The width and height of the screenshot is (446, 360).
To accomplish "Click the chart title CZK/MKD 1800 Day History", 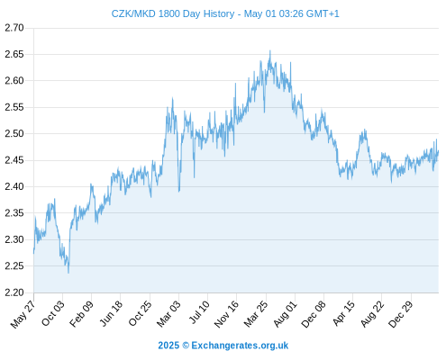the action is pos(173,13).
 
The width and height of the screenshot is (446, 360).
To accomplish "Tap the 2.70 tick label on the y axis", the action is pos(14,28).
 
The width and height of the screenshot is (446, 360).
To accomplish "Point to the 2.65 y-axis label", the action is pos(14,54).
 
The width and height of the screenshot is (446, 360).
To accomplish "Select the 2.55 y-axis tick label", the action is pos(14,107).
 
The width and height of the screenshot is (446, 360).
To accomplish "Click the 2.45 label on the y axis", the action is pos(14,160).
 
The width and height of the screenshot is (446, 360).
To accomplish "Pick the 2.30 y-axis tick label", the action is pos(14,239).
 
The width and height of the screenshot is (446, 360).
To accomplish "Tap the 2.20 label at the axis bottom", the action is pos(14,292).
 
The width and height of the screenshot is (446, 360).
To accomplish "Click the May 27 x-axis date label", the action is pos(23,314).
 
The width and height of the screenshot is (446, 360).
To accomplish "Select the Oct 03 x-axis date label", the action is pos(53,313).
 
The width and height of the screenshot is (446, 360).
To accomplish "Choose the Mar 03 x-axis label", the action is pos(168,314).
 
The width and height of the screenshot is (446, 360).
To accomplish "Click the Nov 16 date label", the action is pos(226,314).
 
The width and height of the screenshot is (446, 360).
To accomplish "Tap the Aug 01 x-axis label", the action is pos(285,314).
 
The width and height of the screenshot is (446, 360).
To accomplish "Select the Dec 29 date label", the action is pos(401,314).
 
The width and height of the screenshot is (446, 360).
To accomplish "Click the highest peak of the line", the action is pos(270,50).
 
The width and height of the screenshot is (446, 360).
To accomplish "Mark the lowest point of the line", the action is pos(68,273).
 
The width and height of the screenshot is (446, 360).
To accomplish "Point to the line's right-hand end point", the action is pos(439,151).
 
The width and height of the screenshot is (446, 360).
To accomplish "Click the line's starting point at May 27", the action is pos(33,254).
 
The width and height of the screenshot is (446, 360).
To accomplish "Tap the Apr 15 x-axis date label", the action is pos(343,313).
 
